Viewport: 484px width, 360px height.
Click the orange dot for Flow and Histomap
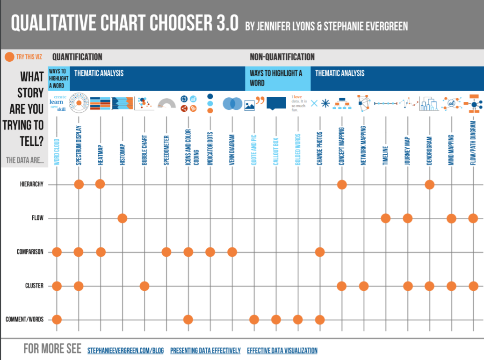[x=122, y=218]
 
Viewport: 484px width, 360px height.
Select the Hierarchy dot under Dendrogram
[x=429, y=184]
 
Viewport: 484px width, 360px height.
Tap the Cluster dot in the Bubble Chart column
[x=144, y=286]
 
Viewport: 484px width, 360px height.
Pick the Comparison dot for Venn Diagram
[x=232, y=252]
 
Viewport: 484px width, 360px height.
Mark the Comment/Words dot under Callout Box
[x=276, y=320]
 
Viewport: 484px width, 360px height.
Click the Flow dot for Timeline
[x=385, y=218]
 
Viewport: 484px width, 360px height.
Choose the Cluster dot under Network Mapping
[x=363, y=286]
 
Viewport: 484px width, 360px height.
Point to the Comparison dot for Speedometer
[x=166, y=252]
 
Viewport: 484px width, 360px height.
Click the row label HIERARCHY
[x=32, y=184]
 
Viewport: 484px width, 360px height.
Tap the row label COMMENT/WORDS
[x=24, y=320]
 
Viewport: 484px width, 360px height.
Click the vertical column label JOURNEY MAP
[x=407, y=151]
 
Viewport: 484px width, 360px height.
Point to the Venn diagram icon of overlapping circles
[x=232, y=103]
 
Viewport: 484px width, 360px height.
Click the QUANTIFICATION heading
[x=77, y=57]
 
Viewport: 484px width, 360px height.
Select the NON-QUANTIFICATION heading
[x=282, y=57]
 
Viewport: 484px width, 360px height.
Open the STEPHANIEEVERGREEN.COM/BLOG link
[x=125, y=350]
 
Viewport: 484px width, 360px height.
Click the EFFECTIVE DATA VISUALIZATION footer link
[x=282, y=350]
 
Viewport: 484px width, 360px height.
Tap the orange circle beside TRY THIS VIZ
[x=9, y=58]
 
